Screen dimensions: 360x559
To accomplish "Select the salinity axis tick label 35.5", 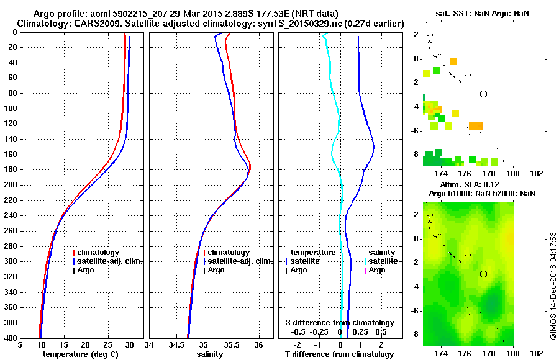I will click(x=231, y=345).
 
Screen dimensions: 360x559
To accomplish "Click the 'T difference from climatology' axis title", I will click(x=339, y=354).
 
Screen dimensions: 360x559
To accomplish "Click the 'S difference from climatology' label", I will click(x=339, y=323).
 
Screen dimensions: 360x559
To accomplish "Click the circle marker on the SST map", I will click(x=483, y=94).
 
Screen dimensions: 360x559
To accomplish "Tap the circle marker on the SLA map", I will click(x=483, y=274).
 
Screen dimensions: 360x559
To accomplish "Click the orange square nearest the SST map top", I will click(x=453, y=61).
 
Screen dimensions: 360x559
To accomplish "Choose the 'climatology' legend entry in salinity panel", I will click(x=229, y=253).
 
